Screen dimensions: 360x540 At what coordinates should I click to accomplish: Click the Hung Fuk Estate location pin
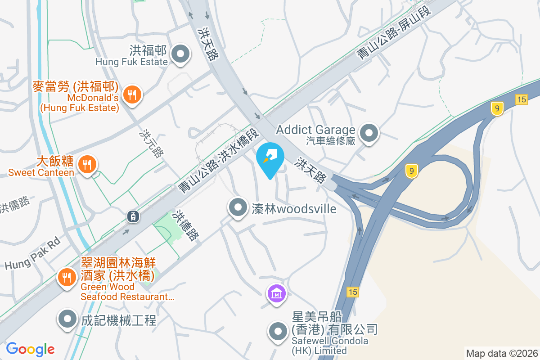pyautogui.click(x=180, y=54)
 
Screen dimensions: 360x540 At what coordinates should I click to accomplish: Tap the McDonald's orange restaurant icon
pyautogui.click(x=131, y=94)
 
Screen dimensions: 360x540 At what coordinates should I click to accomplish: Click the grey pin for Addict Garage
pyautogui.click(x=370, y=133)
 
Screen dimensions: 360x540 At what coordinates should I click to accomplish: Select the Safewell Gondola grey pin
pyautogui.click(x=278, y=332)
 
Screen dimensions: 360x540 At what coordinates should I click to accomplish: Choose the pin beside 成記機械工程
pyautogui.click(x=67, y=319)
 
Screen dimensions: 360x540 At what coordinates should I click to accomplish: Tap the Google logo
pyautogui.click(x=30, y=349)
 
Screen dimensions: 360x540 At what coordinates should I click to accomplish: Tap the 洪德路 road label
pyautogui.click(x=187, y=225)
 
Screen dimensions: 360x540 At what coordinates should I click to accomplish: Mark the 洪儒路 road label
pyautogui.click(x=14, y=205)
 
